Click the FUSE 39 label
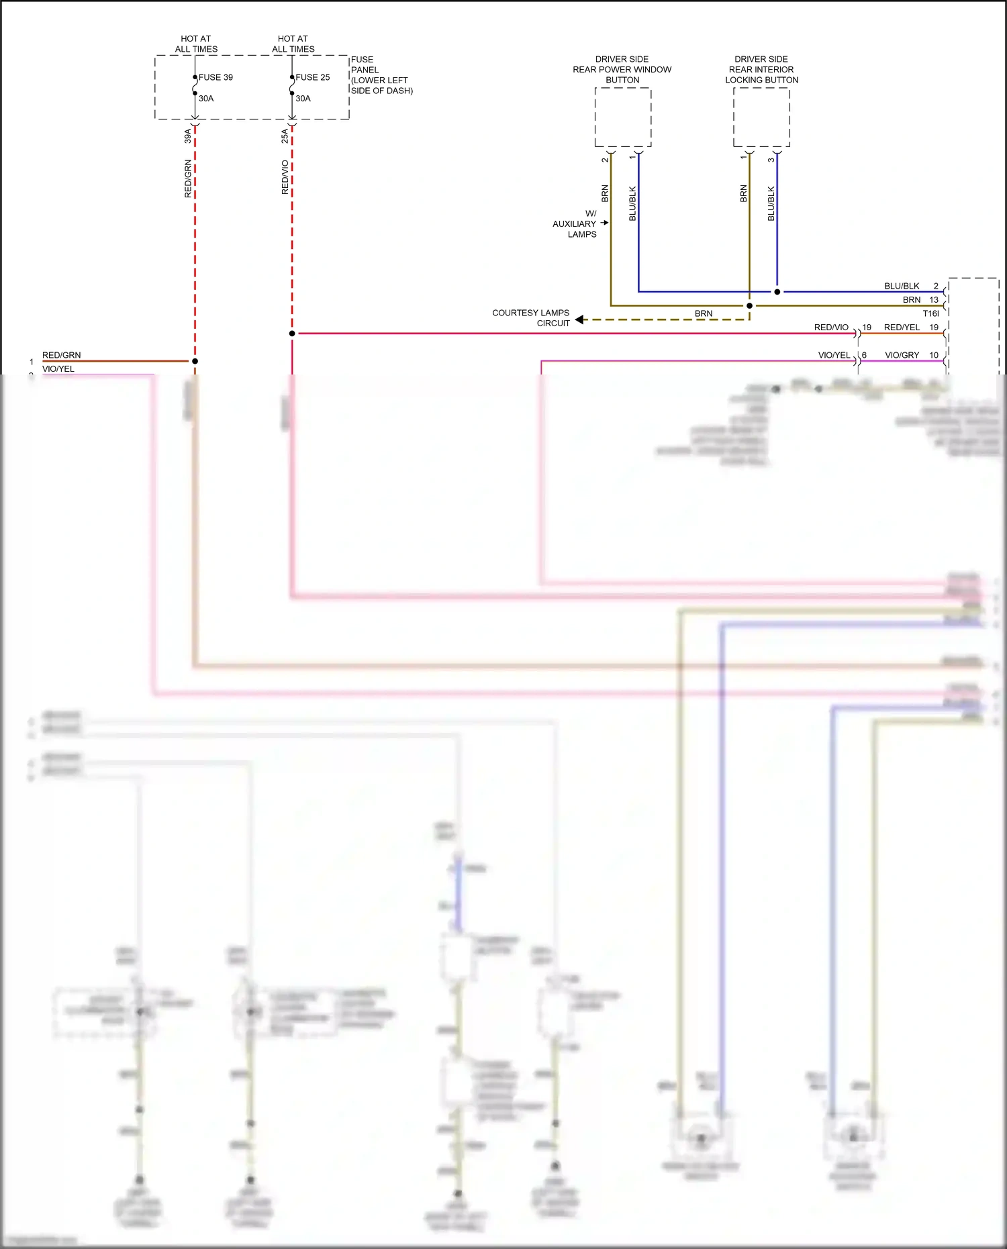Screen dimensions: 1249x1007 pos(215,77)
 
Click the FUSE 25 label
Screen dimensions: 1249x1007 pos(312,77)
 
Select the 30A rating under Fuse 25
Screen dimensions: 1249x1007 pos(303,99)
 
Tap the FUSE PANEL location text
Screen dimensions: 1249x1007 pos(381,75)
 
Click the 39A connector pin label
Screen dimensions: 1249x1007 pos(188,136)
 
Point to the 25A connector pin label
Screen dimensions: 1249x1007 pos(285,136)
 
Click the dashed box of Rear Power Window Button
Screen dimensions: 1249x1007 pos(622,117)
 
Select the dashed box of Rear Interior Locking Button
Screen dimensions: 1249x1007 pos(761,117)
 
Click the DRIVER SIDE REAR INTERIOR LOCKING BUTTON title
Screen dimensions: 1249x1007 pos(761,70)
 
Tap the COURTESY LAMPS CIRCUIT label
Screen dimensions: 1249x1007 pos(530,318)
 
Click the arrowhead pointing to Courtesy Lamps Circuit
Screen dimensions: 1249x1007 pos(579,319)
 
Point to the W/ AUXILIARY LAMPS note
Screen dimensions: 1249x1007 pos(575,224)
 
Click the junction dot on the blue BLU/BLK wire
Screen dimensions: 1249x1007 pos(777,292)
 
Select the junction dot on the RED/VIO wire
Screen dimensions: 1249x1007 pos(292,334)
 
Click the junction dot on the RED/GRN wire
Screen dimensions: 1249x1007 pos(195,361)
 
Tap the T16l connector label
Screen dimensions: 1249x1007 pos(930,313)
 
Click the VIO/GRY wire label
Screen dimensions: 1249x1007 pos(902,355)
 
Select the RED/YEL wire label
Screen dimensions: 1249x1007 pos(902,328)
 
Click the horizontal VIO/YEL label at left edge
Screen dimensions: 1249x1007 pos(58,369)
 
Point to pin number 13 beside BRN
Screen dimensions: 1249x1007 pos(934,300)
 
